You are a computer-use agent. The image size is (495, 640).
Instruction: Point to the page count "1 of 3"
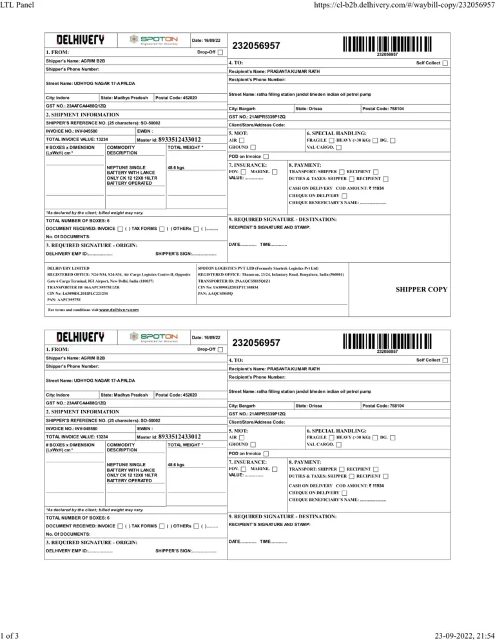pyautogui.click(x=10, y=634)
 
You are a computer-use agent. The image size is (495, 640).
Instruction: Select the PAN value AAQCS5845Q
pyautogui.click(x=220, y=293)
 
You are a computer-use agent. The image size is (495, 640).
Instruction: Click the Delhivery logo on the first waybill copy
pyautogui.click(x=81, y=39)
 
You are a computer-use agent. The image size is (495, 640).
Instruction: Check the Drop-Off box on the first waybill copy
pyautogui.click(x=221, y=52)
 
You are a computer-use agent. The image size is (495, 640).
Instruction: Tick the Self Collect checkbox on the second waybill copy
pyautogui.click(x=445, y=360)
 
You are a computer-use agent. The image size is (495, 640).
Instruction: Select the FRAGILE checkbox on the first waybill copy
pyautogui.click(x=331, y=140)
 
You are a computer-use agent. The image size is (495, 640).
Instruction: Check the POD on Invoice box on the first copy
pyautogui.click(x=267, y=156)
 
